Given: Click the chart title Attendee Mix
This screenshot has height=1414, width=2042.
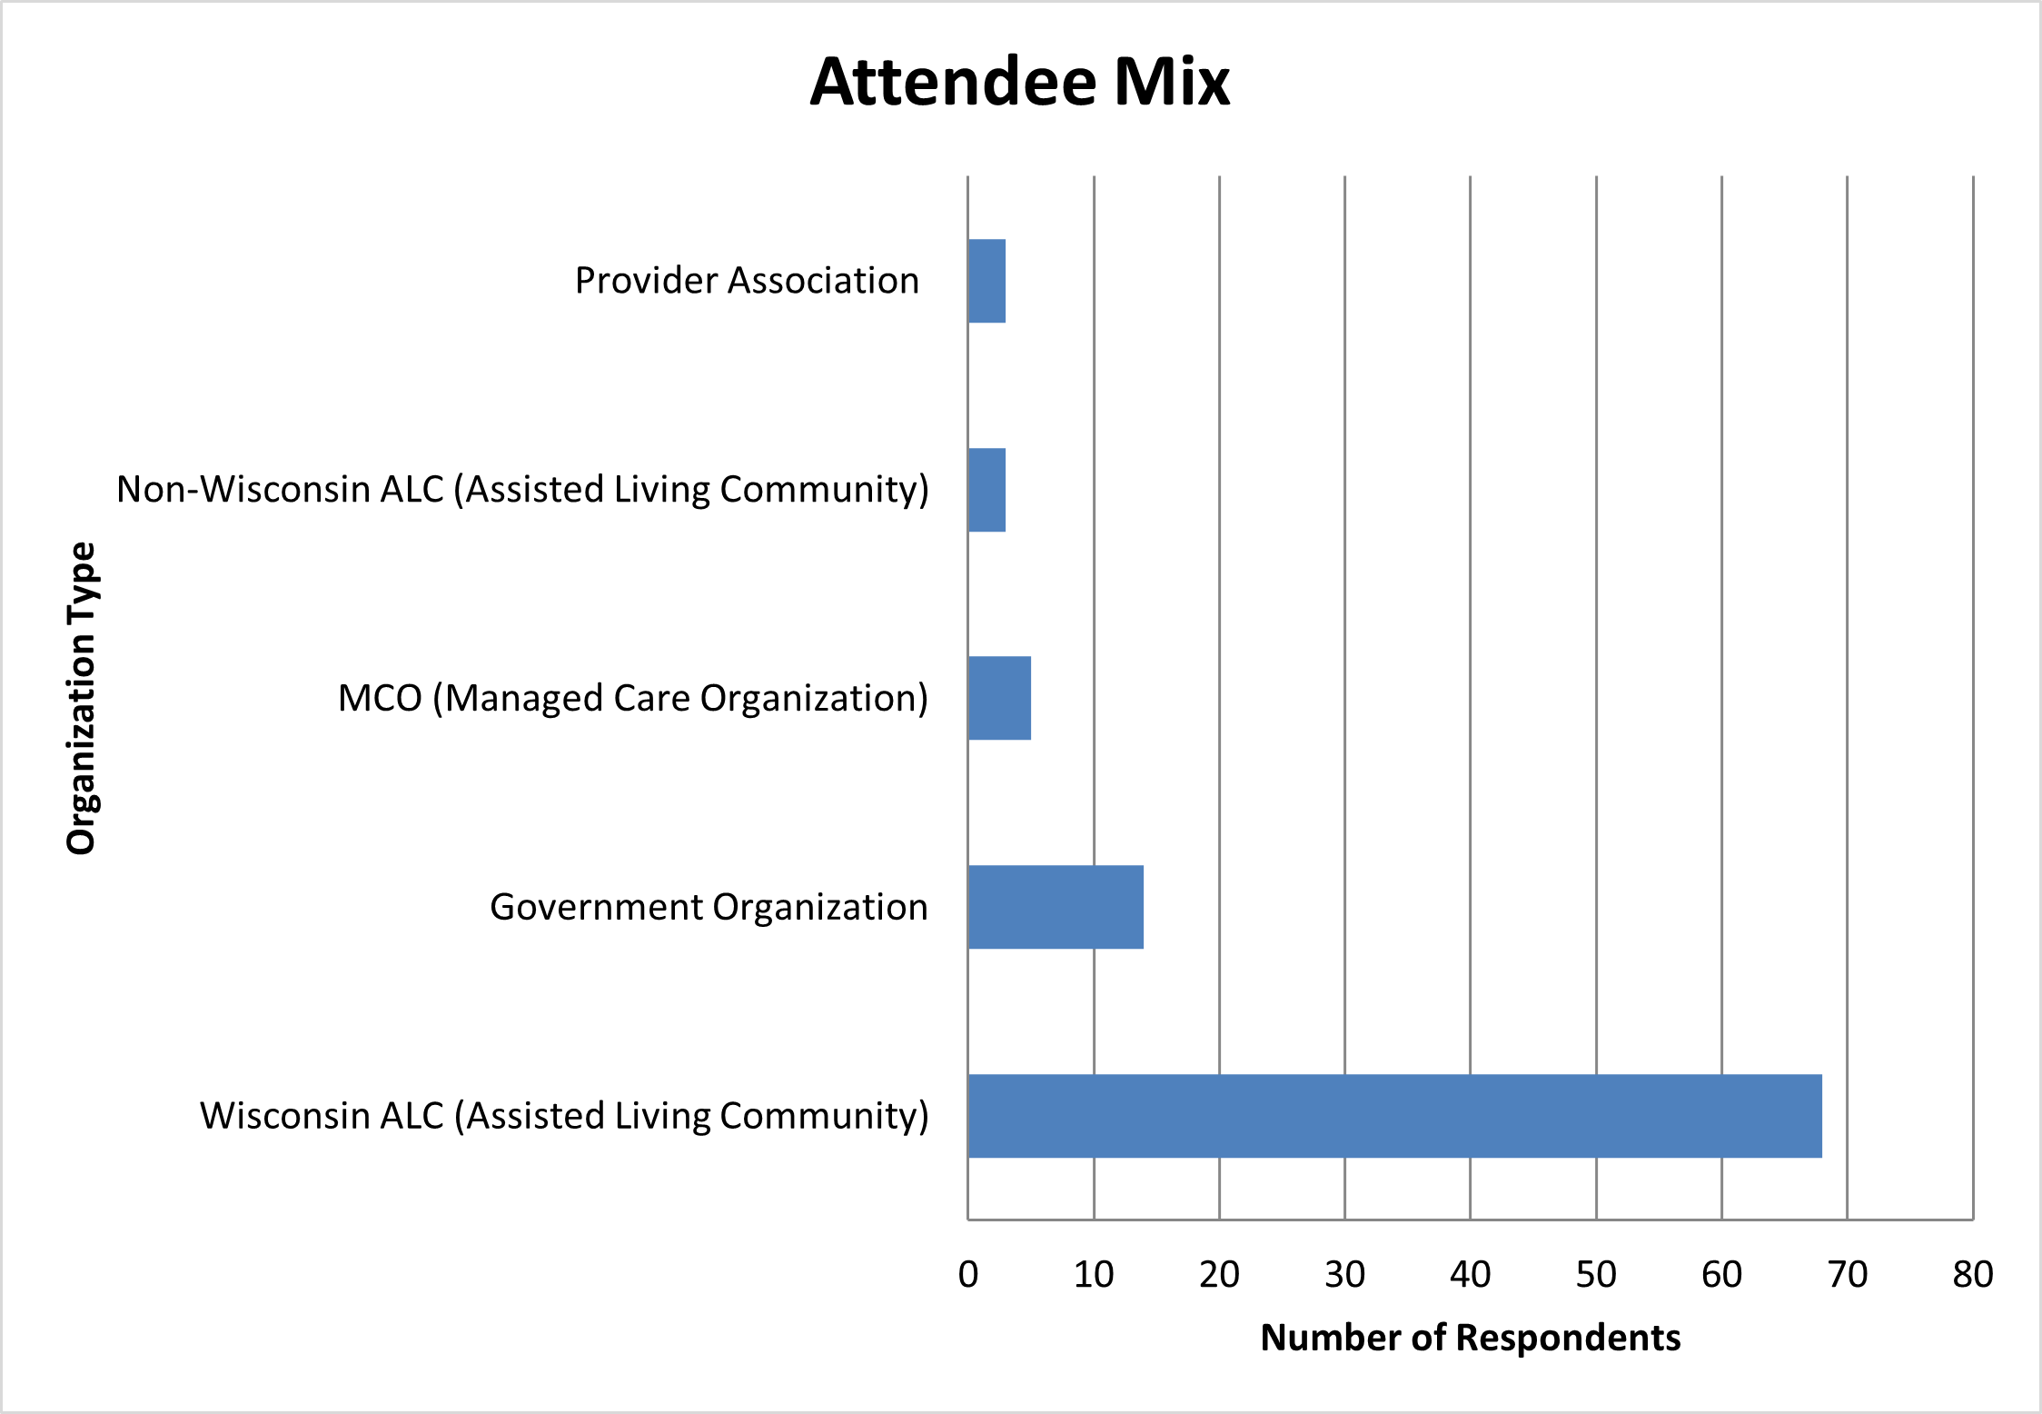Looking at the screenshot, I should pyautogui.click(x=1019, y=82).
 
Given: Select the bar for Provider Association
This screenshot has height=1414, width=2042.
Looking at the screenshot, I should pyautogui.click(x=986, y=281).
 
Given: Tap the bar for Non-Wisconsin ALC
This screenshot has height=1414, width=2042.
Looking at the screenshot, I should pyautogui.click(x=986, y=490).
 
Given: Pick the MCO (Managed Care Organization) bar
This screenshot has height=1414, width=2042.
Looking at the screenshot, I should pyautogui.click(x=999, y=698).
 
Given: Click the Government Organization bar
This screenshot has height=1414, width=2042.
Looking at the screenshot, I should pyautogui.click(x=1056, y=907).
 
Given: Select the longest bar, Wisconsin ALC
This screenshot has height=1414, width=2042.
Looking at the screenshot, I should pyautogui.click(x=1394, y=1116).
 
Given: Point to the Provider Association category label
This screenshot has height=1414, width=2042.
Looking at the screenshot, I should pyautogui.click(x=747, y=281).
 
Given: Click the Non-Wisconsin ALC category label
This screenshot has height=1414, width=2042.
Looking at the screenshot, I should pyautogui.click(x=522, y=490).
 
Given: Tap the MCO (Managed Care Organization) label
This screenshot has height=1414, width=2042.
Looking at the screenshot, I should pyautogui.click(x=633, y=699).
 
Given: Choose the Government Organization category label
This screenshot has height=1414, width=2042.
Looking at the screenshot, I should pyautogui.click(x=709, y=907).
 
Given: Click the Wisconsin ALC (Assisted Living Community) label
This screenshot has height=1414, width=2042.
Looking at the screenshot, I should pyautogui.click(x=564, y=1116).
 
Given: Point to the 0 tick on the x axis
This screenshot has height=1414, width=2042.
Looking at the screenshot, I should pyautogui.click(x=968, y=1275).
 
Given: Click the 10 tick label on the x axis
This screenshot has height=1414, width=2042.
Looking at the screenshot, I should pyautogui.click(x=1094, y=1275).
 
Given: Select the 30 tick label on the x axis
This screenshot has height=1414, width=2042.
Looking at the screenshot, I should pyautogui.click(x=1344, y=1275).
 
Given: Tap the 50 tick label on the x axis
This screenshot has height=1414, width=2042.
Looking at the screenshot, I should pyautogui.click(x=1596, y=1275).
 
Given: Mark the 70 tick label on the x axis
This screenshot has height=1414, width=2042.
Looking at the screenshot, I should pyautogui.click(x=1847, y=1275).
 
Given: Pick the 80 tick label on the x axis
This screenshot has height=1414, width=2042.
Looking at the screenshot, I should pyautogui.click(x=1973, y=1275).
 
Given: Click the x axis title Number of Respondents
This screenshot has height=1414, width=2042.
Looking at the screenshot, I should pyautogui.click(x=1471, y=1338).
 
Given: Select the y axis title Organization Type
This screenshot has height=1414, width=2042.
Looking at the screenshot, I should pyautogui.click(x=82, y=698).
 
